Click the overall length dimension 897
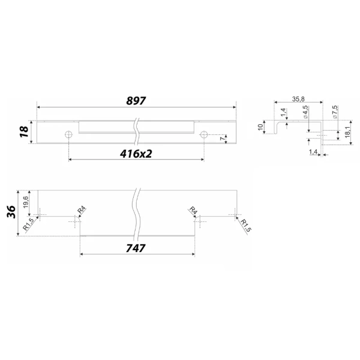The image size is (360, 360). tap(136, 101)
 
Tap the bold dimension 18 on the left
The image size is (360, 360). tap(25, 132)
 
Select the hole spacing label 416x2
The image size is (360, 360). tap(136, 154)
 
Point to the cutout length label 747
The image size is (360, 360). tap(136, 248)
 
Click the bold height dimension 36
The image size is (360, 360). tap(11, 212)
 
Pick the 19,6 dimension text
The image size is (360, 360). tap(25, 202)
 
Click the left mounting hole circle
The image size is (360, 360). tap(68, 134)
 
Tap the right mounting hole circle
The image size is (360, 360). tap(203, 134)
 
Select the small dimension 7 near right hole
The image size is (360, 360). tap(222, 139)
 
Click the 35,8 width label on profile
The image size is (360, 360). tap(298, 99)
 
